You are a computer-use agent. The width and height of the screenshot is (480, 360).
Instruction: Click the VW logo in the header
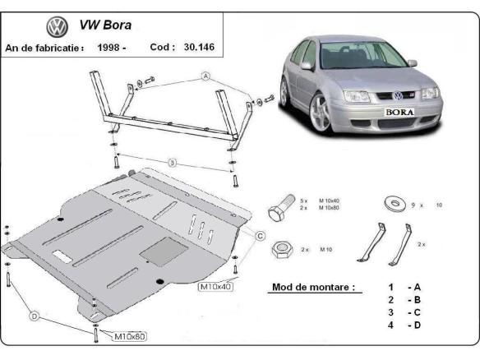(57, 26)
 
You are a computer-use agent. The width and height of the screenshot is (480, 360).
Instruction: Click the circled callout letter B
(172, 163)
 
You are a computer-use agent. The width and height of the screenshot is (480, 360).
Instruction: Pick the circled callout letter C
(260, 236)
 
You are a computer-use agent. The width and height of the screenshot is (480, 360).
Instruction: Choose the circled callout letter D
(35, 315)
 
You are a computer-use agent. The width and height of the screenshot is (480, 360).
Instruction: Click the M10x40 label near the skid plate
(215, 288)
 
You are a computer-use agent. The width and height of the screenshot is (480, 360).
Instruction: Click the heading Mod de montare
(312, 288)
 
